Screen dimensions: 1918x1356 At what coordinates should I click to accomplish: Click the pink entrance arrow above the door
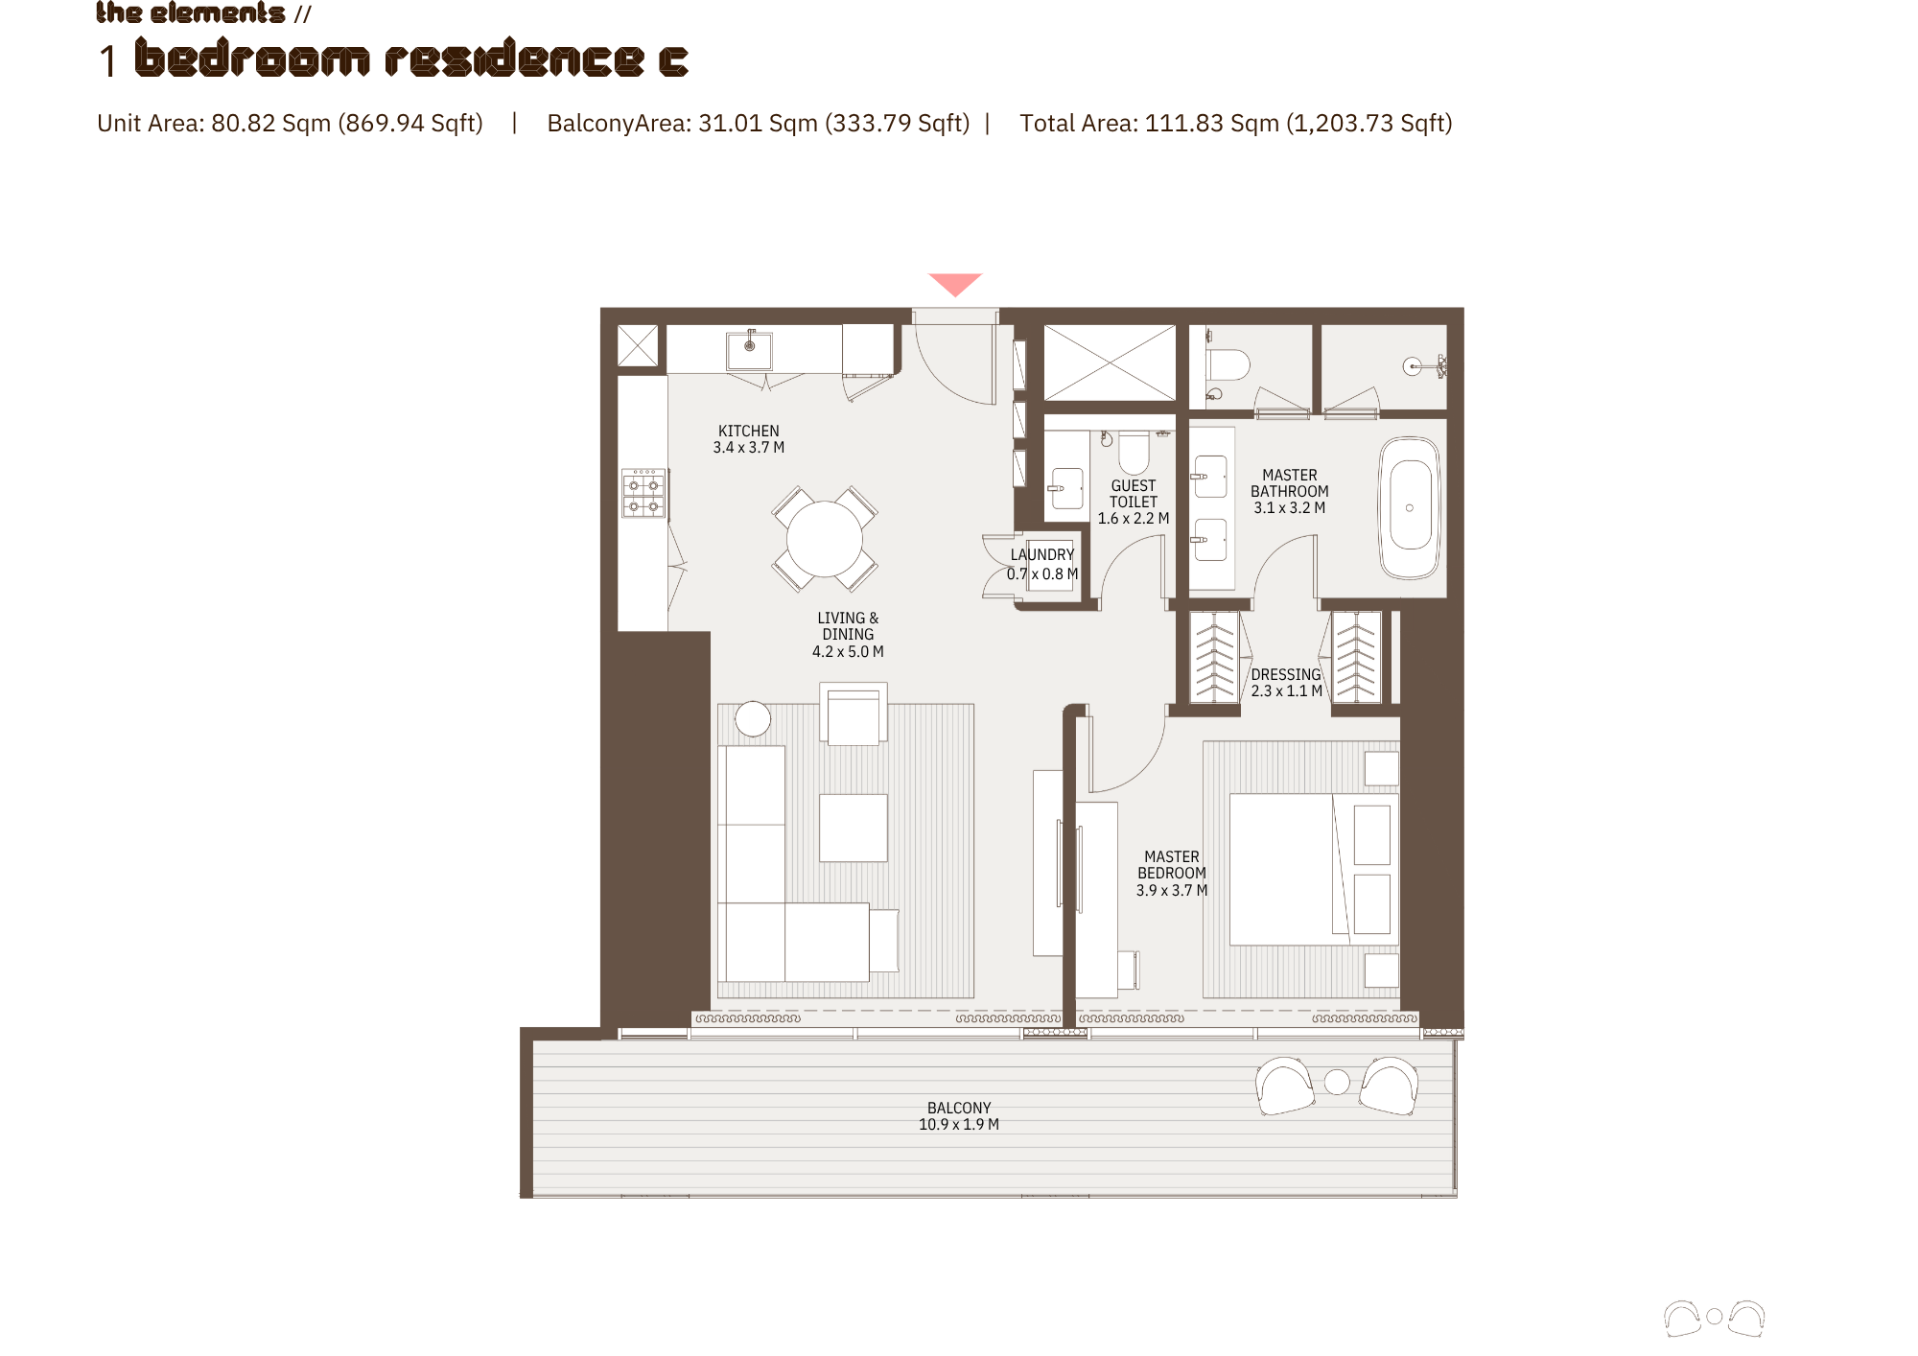955,284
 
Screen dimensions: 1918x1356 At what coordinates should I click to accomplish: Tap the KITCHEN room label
749,432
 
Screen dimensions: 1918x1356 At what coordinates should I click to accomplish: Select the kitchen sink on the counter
750,350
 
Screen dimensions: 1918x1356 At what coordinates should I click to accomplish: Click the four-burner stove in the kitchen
643,493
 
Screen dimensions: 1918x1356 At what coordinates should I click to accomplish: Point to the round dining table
825,538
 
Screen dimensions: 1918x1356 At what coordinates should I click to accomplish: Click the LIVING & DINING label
848,626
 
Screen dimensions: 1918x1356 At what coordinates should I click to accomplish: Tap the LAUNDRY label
1042,555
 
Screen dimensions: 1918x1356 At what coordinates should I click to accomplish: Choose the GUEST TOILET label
1134,494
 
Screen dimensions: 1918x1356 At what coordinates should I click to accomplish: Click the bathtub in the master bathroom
1410,507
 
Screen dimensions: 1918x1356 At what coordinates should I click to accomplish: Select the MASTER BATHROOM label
1290,483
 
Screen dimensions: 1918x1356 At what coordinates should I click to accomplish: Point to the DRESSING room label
1286,675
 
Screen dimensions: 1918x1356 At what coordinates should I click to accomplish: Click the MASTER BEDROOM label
1172,865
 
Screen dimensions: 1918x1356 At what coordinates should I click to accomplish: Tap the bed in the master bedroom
1314,869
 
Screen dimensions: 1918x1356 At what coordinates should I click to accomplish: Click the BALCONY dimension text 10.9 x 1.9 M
959,1125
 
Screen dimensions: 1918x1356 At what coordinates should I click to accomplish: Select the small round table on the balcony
1337,1082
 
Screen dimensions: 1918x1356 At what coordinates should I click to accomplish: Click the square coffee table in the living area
854,828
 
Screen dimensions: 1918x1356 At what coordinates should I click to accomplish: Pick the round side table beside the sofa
753,719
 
